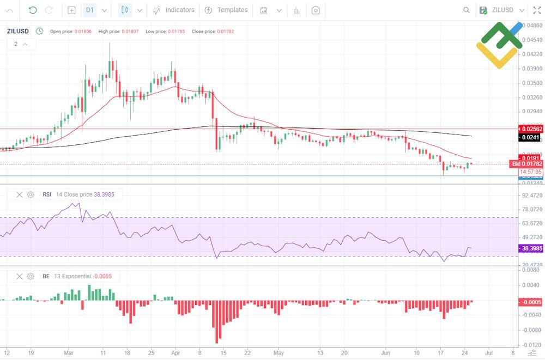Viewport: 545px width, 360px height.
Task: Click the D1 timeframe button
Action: coord(90,10)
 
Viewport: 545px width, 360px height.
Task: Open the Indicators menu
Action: coord(173,10)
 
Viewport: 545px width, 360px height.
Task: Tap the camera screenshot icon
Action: coord(316,10)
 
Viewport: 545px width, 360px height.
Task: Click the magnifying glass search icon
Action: coord(466,10)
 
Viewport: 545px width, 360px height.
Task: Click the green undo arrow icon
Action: coord(33,10)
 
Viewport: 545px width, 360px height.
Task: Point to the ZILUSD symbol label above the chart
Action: coord(18,31)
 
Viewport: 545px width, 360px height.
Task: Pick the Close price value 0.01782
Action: coord(225,32)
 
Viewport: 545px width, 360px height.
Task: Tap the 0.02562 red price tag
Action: coord(530,129)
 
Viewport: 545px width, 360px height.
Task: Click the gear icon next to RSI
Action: coord(31,194)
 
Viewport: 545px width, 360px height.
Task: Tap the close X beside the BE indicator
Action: coord(20,276)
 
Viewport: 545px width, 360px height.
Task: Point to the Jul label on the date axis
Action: coord(490,352)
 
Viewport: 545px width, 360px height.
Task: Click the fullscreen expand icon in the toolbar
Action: coord(537,10)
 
